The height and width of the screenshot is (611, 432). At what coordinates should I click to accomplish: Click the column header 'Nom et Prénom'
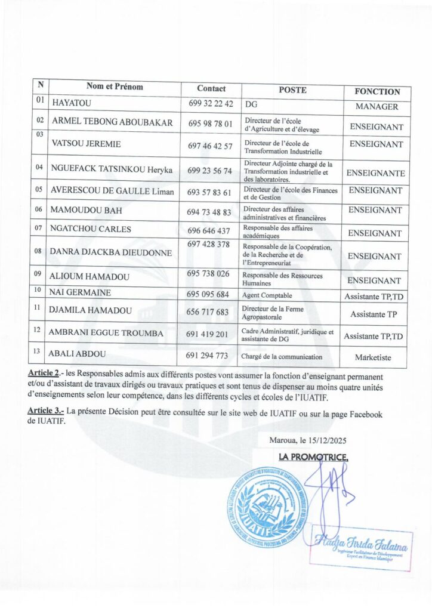pyautogui.click(x=115, y=87)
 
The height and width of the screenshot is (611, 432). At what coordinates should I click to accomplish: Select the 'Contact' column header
pyautogui.click(x=211, y=88)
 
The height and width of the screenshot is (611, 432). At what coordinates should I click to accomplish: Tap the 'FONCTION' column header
pyautogui.click(x=377, y=92)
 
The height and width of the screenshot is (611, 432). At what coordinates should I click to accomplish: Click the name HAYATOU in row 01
pyautogui.click(x=72, y=104)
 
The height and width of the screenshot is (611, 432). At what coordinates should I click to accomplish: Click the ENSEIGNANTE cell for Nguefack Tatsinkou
pyautogui.click(x=376, y=174)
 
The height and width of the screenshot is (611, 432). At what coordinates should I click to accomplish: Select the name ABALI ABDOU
pyautogui.click(x=78, y=356)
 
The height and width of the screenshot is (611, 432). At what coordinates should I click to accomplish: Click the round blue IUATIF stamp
pyautogui.click(x=263, y=511)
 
